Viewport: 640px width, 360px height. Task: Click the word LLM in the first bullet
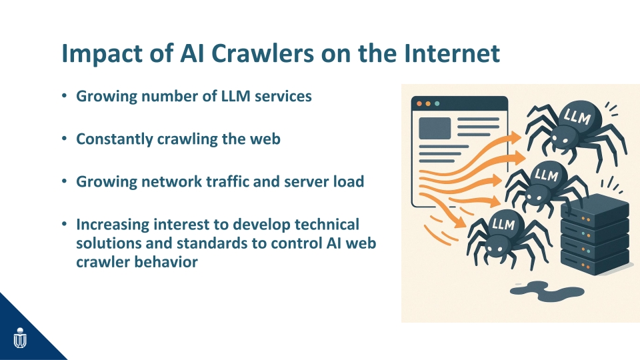(235, 96)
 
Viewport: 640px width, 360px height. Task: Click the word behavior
(166, 262)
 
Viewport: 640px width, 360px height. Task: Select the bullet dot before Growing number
(64, 96)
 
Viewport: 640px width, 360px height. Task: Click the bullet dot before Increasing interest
(64, 224)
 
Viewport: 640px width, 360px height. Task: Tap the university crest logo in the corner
(19, 338)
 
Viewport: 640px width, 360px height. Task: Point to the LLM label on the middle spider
(547, 175)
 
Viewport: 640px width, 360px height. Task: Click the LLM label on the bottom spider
(503, 224)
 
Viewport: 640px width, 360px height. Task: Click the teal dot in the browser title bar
(437, 104)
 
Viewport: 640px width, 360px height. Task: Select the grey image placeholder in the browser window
(435, 128)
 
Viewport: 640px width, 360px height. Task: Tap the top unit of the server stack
(595, 209)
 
